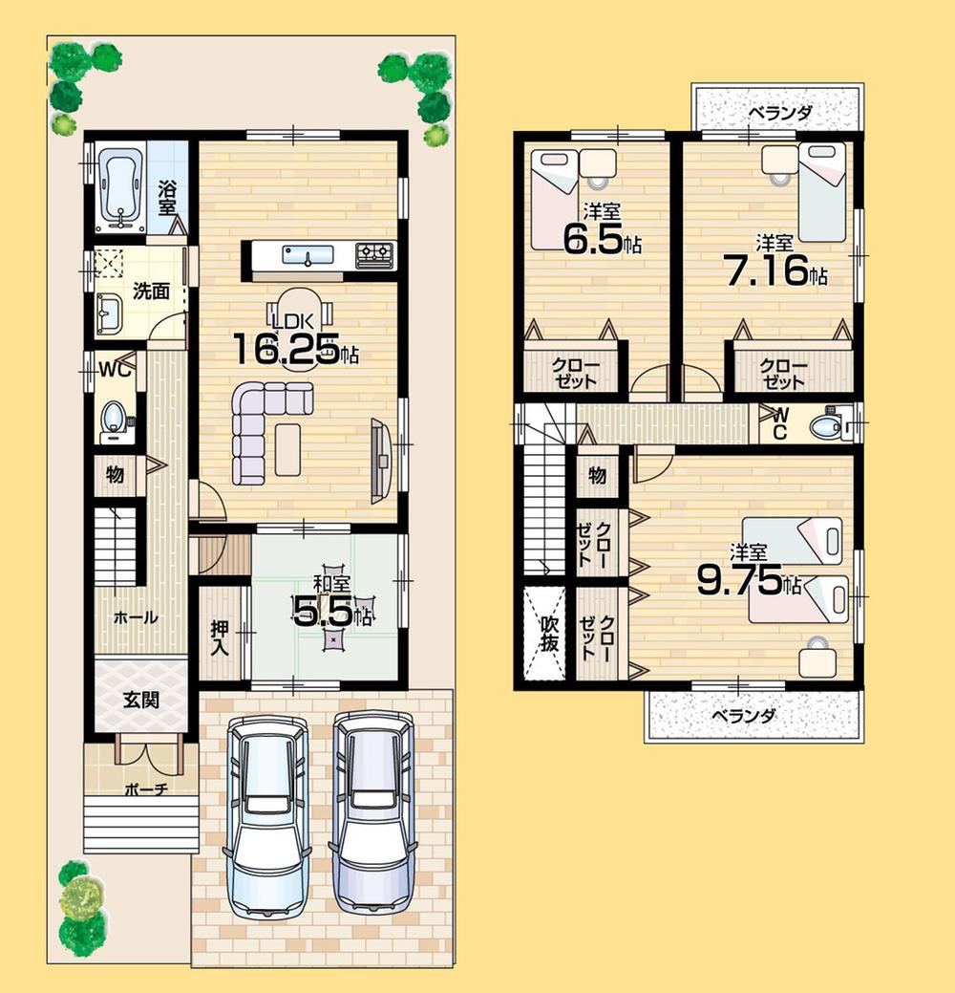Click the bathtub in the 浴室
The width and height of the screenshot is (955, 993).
(x=120, y=189)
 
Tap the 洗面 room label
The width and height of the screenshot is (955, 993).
(x=151, y=291)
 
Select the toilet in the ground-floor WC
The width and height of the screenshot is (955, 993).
(x=115, y=417)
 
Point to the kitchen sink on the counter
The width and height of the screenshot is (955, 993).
(x=308, y=255)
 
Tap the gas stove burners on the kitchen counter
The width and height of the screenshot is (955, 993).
(x=374, y=254)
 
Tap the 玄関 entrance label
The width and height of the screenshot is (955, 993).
(x=140, y=700)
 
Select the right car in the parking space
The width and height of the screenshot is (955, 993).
(x=372, y=812)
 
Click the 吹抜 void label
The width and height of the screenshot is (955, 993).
(x=548, y=632)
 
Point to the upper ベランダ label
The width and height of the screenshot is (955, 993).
(x=780, y=113)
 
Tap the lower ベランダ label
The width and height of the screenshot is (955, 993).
(x=743, y=715)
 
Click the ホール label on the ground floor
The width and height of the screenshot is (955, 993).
(x=136, y=618)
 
